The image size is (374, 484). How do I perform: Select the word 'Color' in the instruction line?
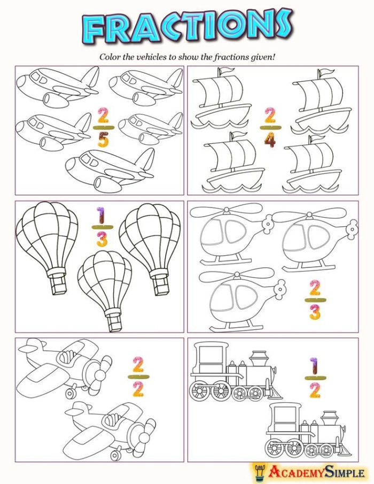tap(110, 56)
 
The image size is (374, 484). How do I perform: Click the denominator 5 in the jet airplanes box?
tap(103, 141)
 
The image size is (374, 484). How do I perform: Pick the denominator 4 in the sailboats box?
tap(270, 140)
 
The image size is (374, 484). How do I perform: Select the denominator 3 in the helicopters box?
tap(315, 312)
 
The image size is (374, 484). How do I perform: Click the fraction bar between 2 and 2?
tap(138, 377)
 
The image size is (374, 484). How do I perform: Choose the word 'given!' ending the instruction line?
tap(263, 56)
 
